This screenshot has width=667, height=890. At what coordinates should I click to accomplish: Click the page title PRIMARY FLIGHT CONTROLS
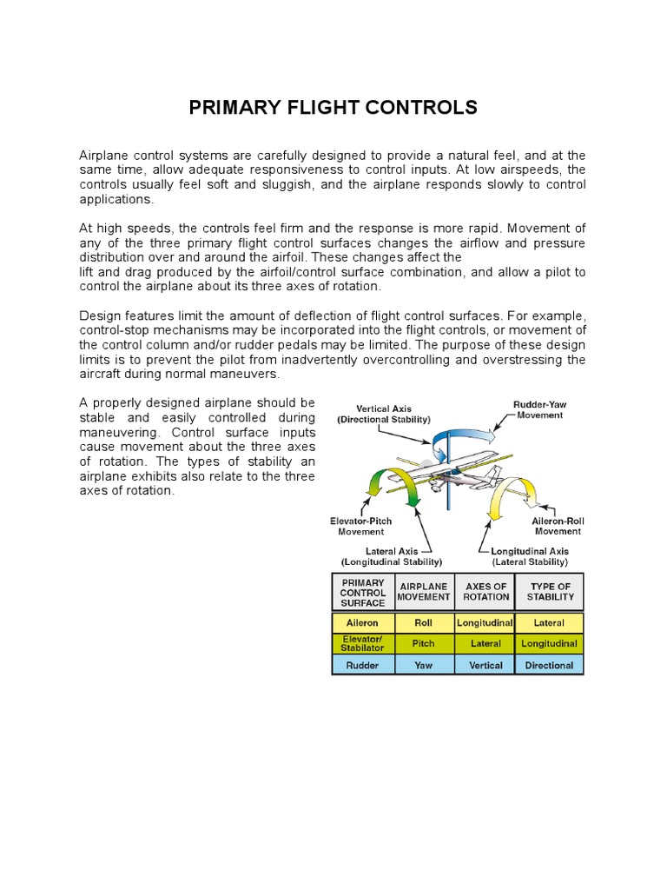pyautogui.click(x=333, y=107)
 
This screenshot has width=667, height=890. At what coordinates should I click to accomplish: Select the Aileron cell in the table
pyautogui.click(x=363, y=622)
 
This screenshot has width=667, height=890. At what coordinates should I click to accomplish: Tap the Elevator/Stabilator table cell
pyautogui.click(x=363, y=643)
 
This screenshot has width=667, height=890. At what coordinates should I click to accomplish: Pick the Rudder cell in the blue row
pyautogui.click(x=363, y=665)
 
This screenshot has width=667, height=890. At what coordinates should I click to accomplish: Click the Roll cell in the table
pyautogui.click(x=424, y=622)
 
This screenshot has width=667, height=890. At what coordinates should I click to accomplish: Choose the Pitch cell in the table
pyautogui.click(x=424, y=643)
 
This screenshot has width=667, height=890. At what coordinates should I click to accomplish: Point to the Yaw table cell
pyautogui.click(x=424, y=665)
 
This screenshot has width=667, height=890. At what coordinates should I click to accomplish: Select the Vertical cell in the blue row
pyautogui.click(x=485, y=665)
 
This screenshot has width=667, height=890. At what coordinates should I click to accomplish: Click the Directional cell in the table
pyautogui.click(x=549, y=665)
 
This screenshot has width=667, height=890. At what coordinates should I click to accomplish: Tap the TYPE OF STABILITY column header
pyautogui.click(x=549, y=592)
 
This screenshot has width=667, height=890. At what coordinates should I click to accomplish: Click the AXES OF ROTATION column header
pyautogui.click(x=485, y=592)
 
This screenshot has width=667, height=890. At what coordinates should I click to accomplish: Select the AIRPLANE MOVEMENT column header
pyautogui.click(x=424, y=592)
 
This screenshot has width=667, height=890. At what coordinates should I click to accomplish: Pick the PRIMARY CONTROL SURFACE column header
pyautogui.click(x=363, y=592)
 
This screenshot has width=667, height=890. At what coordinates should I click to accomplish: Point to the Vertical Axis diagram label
pyautogui.click(x=383, y=414)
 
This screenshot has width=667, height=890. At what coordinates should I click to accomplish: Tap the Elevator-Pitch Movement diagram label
pyautogui.click(x=360, y=526)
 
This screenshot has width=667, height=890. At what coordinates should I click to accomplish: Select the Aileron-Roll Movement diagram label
pyautogui.click(x=558, y=526)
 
